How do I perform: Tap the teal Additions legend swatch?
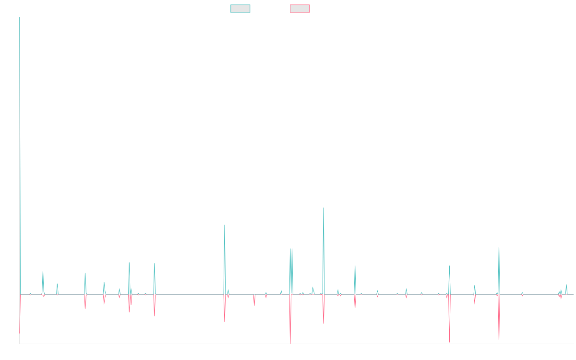pyautogui.click(x=240, y=9)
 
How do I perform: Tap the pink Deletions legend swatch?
pyautogui.click(x=300, y=9)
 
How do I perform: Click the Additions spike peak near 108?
pyautogui.click(x=324, y=208)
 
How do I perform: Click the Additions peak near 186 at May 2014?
pyautogui.click(x=20, y=138)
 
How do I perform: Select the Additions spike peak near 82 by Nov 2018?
pyautogui.click(x=225, y=225)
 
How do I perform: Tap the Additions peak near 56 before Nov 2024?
pyautogui.click(x=499, y=247)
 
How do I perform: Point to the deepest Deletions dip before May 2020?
pyautogui.click(x=290, y=343)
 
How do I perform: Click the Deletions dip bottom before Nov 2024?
pyautogui.click(x=499, y=340)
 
